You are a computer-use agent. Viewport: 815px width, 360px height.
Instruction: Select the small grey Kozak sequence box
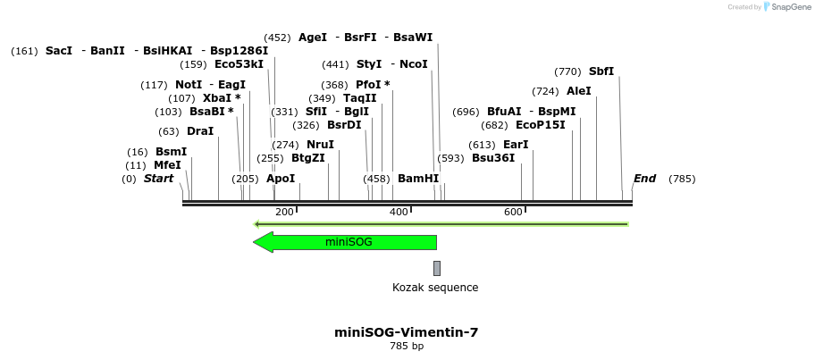tap(437, 268)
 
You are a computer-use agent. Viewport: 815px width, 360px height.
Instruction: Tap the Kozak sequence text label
tap(435, 288)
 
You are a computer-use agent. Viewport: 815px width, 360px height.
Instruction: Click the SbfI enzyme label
tap(601, 71)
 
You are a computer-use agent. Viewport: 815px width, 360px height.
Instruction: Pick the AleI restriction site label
tap(579, 91)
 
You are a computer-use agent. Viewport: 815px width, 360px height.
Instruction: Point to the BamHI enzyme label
tap(418, 179)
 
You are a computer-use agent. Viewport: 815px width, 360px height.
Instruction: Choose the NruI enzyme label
tap(320, 145)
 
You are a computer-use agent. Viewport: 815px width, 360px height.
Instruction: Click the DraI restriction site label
tap(200, 131)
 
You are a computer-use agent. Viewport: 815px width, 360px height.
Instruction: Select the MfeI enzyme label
tap(167, 165)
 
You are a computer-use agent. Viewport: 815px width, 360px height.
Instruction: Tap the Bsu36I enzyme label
tap(493, 158)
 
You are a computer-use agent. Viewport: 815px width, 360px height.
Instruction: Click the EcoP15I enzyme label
tap(541, 125)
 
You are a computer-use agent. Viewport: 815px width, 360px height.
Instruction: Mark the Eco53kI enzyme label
tap(239, 64)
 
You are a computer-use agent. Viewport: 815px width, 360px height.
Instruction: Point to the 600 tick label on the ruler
tap(513, 212)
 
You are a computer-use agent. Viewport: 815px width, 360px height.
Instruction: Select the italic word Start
tap(158, 179)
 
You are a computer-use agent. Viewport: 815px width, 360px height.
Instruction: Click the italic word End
tap(644, 179)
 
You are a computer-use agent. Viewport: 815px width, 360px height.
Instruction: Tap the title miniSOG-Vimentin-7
tap(407, 332)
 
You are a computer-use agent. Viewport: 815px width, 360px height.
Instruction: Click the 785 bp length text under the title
tap(407, 346)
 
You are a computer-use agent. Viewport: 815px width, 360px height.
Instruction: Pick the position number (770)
tap(567, 71)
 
